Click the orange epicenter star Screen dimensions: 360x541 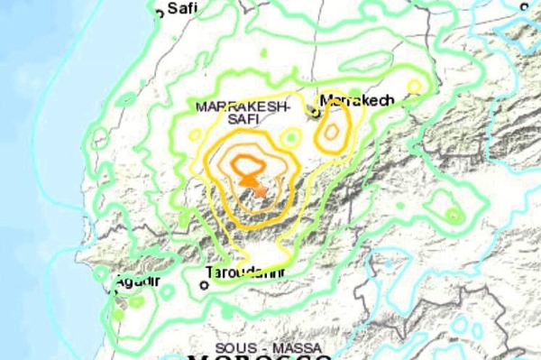(260, 189)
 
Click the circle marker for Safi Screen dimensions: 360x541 (160, 13)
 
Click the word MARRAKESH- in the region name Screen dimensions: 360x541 (241, 106)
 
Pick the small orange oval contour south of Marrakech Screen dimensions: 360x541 (331, 132)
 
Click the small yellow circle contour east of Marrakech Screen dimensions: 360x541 (414, 86)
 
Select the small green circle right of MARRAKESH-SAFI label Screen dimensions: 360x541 (289, 138)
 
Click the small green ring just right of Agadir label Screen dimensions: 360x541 (167, 291)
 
